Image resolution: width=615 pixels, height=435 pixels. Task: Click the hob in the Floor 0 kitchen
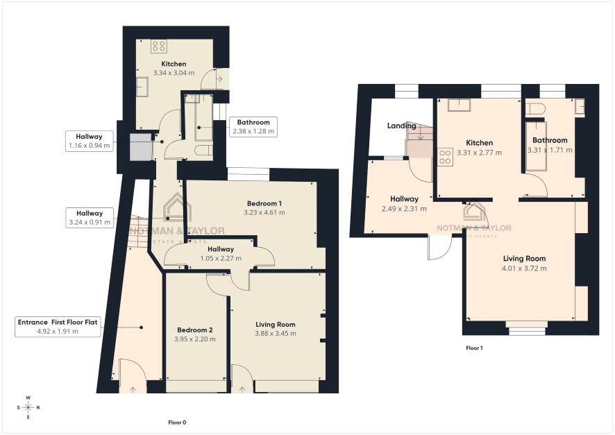click(159, 46)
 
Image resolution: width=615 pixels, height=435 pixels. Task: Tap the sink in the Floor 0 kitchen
click(142, 87)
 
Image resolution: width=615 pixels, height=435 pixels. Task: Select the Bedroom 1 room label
click(264, 203)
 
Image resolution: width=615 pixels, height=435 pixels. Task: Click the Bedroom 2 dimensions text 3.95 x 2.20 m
click(195, 339)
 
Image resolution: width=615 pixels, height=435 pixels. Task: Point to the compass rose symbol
click(28, 407)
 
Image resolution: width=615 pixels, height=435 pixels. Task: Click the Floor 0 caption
click(177, 423)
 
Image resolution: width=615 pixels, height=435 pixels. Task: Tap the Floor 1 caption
click(474, 348)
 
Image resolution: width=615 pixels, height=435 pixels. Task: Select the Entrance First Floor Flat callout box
click(58, 327)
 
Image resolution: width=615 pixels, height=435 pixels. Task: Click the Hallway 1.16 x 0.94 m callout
click(89, 141)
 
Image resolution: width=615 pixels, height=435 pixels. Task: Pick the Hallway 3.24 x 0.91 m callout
click(90, 218)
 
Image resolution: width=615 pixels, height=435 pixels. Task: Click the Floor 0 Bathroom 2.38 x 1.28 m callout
click(253, 126)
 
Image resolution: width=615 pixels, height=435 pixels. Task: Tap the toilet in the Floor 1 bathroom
click(535, 109)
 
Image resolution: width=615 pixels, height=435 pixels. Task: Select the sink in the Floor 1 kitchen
click(460, 105)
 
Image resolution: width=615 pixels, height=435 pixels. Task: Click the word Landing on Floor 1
click(402, 126)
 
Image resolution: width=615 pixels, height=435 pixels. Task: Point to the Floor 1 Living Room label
click(524, 258)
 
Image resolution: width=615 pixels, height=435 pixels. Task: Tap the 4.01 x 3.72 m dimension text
click(524, 268)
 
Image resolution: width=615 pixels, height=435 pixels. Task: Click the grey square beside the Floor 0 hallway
click(141, 147)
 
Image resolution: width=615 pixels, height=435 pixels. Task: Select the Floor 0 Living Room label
click(276, 325)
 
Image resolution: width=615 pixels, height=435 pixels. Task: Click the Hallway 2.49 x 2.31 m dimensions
click(404, 209)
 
